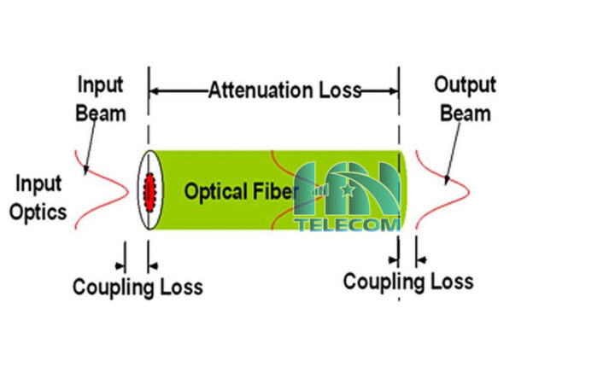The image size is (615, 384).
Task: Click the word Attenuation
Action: click(261, 90)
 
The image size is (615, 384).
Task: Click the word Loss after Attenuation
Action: click(340, 90)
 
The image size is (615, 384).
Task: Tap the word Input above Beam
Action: click(101, 85)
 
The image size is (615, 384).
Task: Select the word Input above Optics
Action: click(38, 183)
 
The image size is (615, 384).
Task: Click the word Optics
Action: click(38, 212)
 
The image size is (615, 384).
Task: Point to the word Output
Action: click(466, 85)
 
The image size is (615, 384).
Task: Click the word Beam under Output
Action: click(466, 113)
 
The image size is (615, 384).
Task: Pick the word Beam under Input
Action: click(101, 113)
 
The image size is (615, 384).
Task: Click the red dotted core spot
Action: click(149, 192)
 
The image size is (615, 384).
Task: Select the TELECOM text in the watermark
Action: click(348, 224)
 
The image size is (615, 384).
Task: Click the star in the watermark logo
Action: click(348, 190)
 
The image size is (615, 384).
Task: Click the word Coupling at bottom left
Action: click(111, 288)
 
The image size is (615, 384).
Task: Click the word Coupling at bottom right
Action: click(382, 282)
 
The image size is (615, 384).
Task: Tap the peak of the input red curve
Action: click(128, 192)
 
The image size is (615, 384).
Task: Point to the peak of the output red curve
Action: click(469, 192)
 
